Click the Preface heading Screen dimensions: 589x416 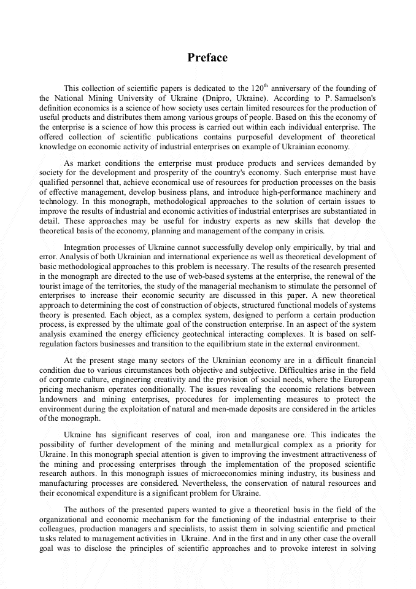[x=207, y=58]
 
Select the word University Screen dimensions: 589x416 [x=141, y=98]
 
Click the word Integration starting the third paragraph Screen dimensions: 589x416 [x=83, y=247]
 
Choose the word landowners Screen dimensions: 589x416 [x=60, y=399]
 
